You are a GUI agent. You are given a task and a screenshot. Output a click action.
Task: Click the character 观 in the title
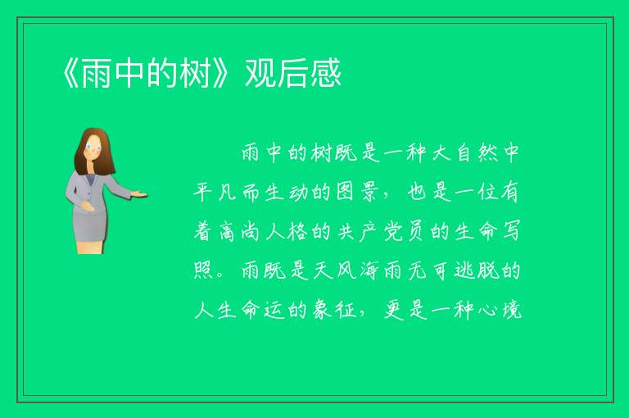coord(260,73)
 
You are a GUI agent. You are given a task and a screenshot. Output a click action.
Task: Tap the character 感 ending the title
coord(325,73)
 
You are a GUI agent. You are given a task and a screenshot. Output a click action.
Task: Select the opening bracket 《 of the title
coord(70,73)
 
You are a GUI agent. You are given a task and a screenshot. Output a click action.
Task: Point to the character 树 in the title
coord(195,73)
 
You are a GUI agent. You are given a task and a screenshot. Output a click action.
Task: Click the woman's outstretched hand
coord(138,194)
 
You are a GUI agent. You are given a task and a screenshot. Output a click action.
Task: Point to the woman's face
coord(93,147)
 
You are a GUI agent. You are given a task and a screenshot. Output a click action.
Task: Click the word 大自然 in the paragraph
coord(464,153)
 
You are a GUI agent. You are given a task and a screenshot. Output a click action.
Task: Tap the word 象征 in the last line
coord(334,311)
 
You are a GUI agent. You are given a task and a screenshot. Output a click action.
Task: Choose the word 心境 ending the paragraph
coord(500,311)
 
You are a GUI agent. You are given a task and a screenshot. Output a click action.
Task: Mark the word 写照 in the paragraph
coord(510,232)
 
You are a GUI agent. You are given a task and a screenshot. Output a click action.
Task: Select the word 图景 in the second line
coord(355,193)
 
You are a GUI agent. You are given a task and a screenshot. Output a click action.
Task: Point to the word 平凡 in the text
coord(215,193)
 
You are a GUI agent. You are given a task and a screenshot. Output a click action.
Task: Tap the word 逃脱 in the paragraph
coord(476,271)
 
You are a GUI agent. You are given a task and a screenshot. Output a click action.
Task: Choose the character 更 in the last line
coord(393,311)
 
